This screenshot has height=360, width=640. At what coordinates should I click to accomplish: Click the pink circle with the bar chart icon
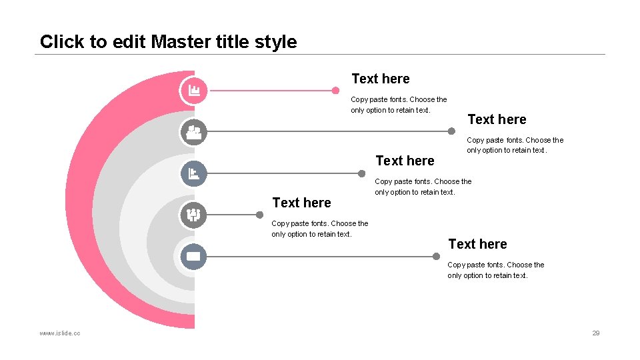194,90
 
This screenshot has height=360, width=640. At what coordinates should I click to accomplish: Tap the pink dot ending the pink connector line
336,90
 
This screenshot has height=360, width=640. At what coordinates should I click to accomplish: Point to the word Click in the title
62,42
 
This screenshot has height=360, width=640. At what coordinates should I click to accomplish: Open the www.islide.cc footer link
60,333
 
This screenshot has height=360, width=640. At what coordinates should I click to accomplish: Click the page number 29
596,333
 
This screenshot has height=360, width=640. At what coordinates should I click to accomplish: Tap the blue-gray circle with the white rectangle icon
194,256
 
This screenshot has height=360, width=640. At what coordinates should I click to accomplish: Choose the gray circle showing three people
194,215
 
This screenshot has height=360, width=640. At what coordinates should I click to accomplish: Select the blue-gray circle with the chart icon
194,173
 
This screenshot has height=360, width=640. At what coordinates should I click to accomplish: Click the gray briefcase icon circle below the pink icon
194,132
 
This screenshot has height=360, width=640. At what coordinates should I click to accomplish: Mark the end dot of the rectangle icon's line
436,256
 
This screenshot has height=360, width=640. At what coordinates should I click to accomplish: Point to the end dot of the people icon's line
259,215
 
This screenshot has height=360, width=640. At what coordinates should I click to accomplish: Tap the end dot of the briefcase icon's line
451,131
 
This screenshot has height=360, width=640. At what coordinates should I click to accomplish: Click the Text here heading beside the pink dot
380,79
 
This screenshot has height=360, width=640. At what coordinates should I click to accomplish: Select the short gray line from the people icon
230,215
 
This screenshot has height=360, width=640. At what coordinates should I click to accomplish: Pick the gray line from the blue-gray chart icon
280,173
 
